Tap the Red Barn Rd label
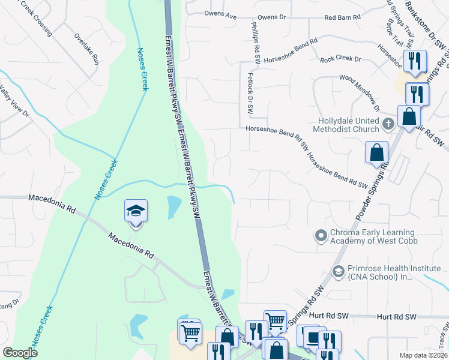point(342,18)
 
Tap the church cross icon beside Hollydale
point(388,124)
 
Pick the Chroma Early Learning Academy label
point(372,237)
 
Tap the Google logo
point(20,353)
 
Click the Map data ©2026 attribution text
point(423,355)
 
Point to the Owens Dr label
point(271,18)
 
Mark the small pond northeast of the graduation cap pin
point(173,206)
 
